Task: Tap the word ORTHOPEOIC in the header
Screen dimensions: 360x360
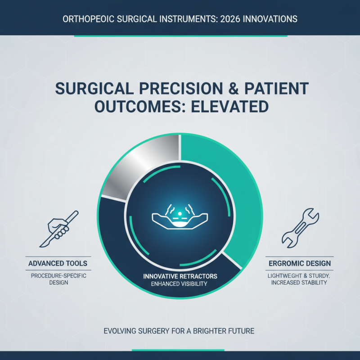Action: click(85, 19)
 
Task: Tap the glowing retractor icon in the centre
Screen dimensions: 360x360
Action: click(180, 218)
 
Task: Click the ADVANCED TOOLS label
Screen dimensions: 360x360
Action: click(58, 263)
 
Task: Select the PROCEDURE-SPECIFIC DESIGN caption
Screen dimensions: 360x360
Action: click(58, 279)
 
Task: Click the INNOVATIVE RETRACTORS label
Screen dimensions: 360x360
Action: click(180, 276)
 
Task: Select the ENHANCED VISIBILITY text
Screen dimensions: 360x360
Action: click(180, 283)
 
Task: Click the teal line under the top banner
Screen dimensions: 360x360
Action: click(180, 36)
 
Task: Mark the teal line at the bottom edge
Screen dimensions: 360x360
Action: click(180, 350)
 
